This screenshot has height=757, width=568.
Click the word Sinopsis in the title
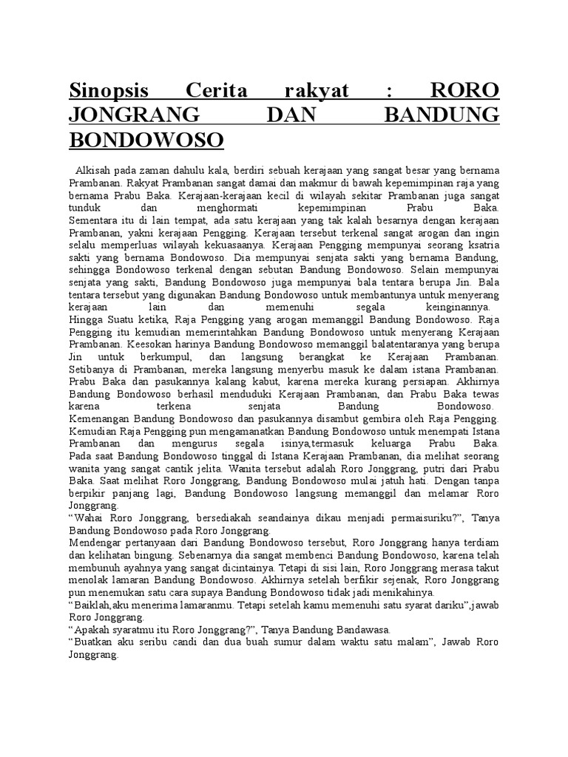pyautogui.click(x=109, y=92)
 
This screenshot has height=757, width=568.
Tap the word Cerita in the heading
pyautogui.click(x=215, y=92)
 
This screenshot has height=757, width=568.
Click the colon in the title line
pyautogui.click(x=389, y=92)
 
